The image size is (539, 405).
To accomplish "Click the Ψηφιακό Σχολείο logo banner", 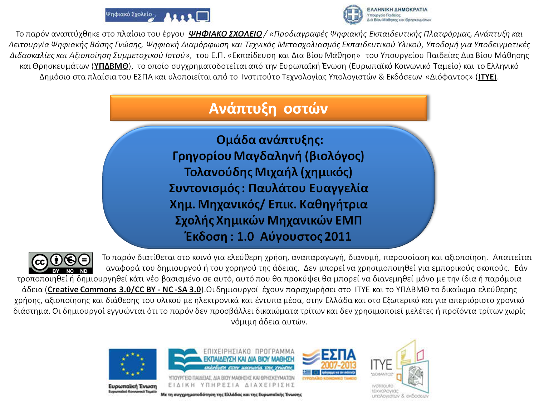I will click(157, 15).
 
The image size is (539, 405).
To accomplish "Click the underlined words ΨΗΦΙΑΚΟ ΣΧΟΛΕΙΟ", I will click(225, 34).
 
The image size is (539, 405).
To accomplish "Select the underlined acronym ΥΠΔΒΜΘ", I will click(111, 66).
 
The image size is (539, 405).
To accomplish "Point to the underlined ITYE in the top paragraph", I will click(487, 77).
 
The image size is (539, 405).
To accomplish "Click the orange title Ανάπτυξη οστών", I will click(268, 108).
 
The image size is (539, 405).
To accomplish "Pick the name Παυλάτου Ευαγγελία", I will click(308, 188).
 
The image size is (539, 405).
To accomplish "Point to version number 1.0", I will click(245, 237).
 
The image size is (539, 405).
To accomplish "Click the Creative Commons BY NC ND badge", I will click(61, 263).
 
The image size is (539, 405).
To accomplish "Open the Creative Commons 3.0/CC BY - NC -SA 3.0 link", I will click(124, 290).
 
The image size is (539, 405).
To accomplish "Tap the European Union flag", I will click(133, 364).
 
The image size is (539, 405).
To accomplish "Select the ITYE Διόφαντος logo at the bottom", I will click(399, 369).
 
